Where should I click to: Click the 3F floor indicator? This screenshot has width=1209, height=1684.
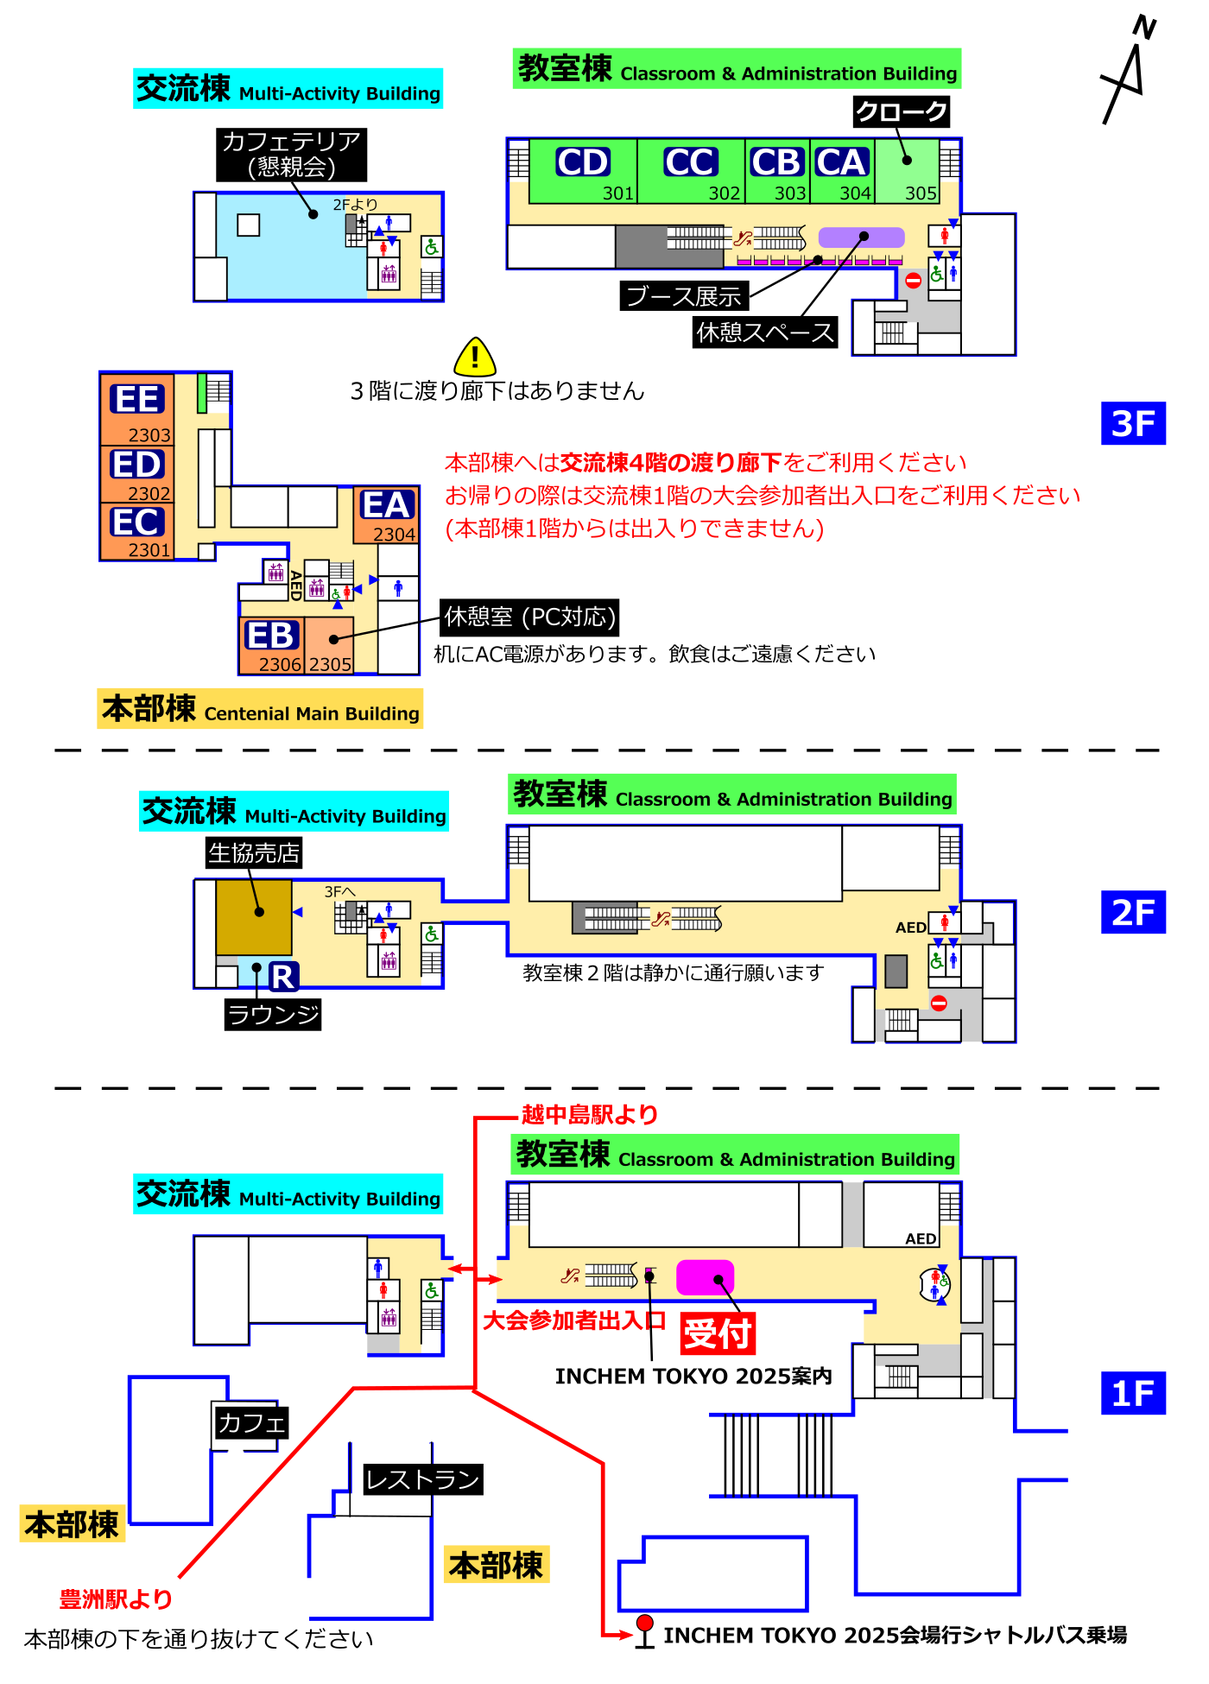coord(1133,423)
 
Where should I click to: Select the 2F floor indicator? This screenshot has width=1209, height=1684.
coord(1133,912)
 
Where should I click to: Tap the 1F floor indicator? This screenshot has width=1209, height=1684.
coord(1133,1393)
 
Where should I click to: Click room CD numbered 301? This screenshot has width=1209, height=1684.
coord(583,171)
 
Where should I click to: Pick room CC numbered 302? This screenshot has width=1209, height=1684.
coord(691,171)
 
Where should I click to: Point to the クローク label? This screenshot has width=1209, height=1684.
coord(901,111)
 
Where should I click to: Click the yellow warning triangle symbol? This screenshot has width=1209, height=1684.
coord(475,357)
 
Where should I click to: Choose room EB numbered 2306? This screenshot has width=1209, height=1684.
coord(271,643)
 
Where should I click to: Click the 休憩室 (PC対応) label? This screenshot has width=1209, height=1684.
coord(529,617)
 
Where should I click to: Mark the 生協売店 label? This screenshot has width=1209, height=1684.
coord(254,853)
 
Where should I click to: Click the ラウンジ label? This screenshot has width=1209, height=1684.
coord(273,1014)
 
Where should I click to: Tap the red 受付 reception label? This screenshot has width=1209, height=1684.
coord(718,1333)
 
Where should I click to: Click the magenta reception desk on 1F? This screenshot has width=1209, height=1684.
coord(705,1277)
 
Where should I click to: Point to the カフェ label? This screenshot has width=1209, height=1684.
coord(250,1422)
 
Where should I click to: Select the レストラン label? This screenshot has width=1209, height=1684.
coord(422,1479)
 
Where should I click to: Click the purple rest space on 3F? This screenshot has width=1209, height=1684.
coord(861,237)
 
